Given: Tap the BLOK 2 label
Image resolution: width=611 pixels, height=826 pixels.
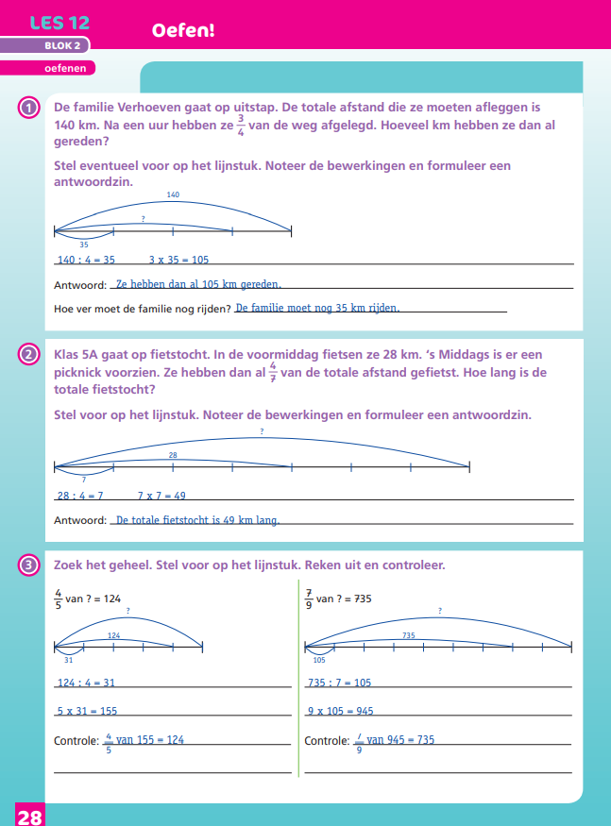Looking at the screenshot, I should pyautogui.click(x=63, y=45).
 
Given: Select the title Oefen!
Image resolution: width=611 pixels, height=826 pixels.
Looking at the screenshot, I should pyautogui.click(x=183, y=31).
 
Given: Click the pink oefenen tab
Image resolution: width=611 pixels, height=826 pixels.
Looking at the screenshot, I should pyautogui.click(x=64, y=68).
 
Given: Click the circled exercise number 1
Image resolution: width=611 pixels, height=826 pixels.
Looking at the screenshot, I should pyautogui.click(x=29, y=108).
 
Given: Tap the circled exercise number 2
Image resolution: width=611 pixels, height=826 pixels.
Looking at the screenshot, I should pyautogui.click(x=29, y=355).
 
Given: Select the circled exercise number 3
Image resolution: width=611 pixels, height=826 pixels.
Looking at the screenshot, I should pyautogui.click(x=29, y=565).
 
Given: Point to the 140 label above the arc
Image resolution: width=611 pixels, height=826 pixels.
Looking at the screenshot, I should pyautogui.click(x=173, y=195).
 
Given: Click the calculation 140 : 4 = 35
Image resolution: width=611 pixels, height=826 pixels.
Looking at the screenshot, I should pyautogui.click(x=86, y=260).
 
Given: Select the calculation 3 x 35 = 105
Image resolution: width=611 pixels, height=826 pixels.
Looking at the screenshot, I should pyautogui.click(x=178, y=260).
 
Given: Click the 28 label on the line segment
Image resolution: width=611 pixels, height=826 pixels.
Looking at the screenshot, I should pyautogui.click(x=173, y=455).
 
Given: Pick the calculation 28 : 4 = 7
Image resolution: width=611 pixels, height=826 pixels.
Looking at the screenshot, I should pyautogui.click(x=80, y=496).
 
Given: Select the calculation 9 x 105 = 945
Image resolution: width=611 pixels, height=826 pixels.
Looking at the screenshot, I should pyautogui.click(x=340, y=711).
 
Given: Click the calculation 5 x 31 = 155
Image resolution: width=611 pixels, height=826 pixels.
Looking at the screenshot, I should pyautogui.click(x=87, y=711).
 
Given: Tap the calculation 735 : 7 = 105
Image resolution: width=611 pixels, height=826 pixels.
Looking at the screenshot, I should pyautogui.click(x=340, y=683).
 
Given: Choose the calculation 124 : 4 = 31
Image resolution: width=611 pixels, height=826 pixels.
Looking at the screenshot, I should pyautogui.click(x=86, y=683).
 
